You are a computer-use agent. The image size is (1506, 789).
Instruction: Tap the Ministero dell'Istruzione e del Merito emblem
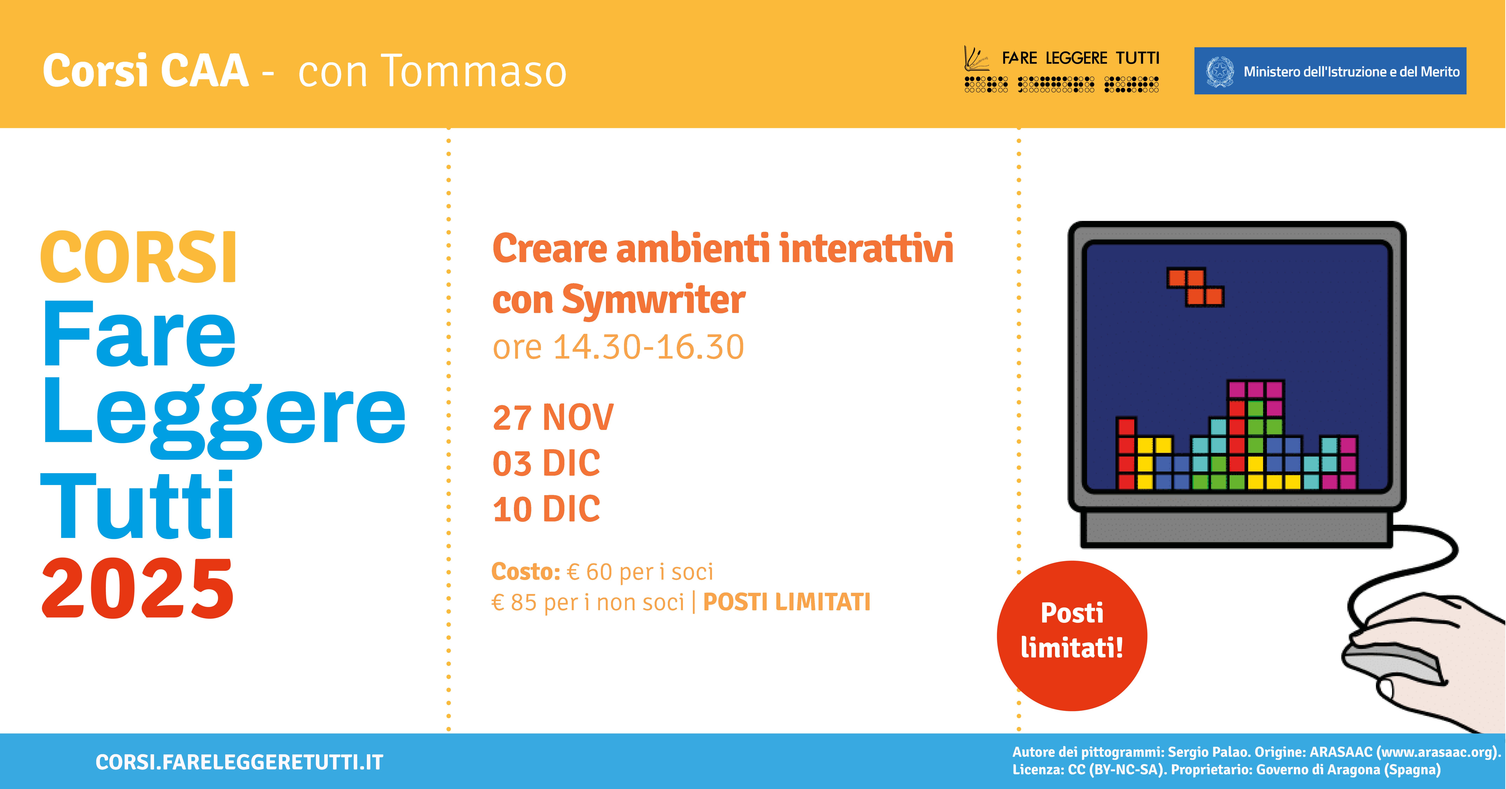(1220, 71)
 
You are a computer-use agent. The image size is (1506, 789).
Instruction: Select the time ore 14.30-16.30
(618, 347)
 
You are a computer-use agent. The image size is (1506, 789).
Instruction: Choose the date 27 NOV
(553, 418)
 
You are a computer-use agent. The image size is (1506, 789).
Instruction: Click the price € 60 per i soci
(640, 572)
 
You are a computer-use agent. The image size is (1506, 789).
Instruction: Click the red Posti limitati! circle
(1072, 636)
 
